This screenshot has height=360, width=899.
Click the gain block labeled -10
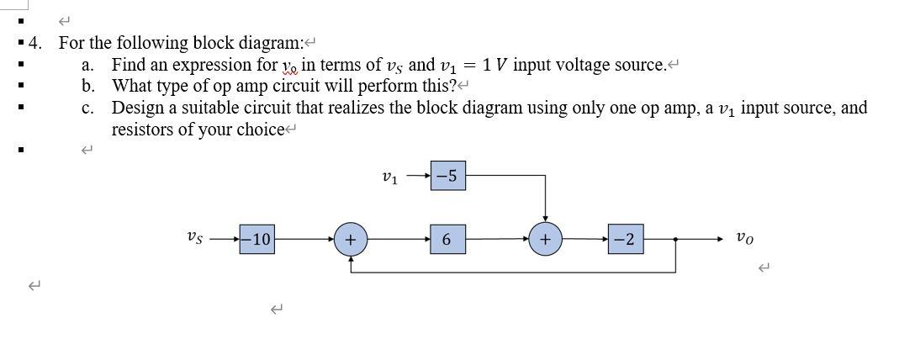[x=256, y=240]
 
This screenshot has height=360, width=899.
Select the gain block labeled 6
[x=447, y=240]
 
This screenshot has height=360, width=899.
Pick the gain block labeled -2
[x=627, y=240]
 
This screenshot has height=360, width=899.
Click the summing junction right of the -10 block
[x=351, y=240]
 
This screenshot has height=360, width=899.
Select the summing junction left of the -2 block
[x=545, y=240]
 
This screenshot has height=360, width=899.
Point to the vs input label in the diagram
[x=193, y=239]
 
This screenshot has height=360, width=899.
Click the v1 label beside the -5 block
[x=389, y=177]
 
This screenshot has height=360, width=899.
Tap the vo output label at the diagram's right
[x=745, y=239]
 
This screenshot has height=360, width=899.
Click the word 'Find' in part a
[x=128, y=65]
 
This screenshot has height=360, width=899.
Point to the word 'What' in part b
[x=133, y=86]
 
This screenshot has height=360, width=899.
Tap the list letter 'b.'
[x=88, y=86]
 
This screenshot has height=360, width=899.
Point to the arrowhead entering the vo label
[x=719, y=240]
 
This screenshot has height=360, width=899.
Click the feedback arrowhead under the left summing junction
[x=351, y=258]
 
